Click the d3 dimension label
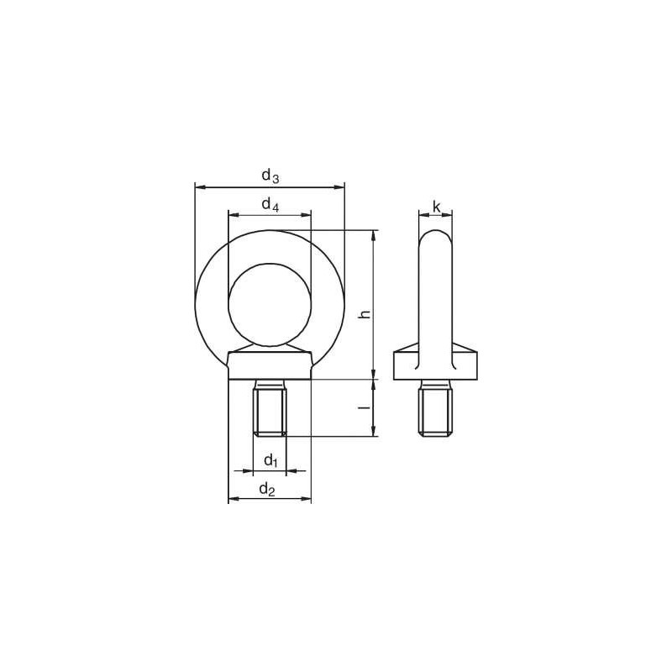pyautogui.click(x=269, y=176)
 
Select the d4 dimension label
pyautogui.click(x=269, y=204)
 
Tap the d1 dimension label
pyautogui.click(x=270, y=460)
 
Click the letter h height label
pyautogui.click(x=364, y=313)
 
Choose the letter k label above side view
pyautogui.click(x=436, y=207)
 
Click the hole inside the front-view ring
pyautogui.click(x=270, y=303)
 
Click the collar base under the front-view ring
pyautogui.click(x=270, y=366)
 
